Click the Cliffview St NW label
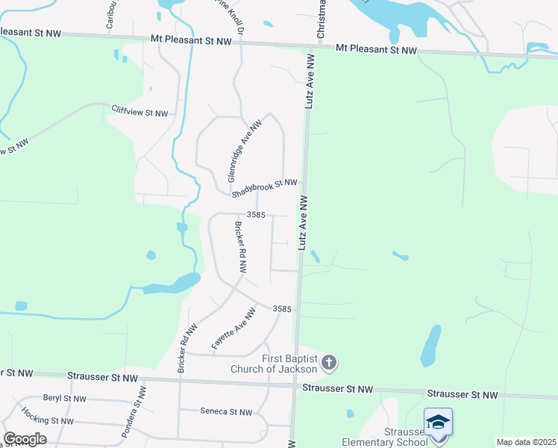(x=140, y=111)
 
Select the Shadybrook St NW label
(x=264, y=188)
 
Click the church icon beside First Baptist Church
(x=330, y=364)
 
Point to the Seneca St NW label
(x=227, y=411)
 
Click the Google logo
(x=25, y=439)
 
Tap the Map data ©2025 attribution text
(x=526, y=442)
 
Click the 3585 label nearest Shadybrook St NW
(x=256, y=215)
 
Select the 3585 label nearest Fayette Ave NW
(x=281, y=308)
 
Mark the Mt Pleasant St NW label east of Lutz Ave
(x=376, y=49)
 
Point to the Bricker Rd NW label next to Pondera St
(x=186, y=347)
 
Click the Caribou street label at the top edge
(x=110, y=15)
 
